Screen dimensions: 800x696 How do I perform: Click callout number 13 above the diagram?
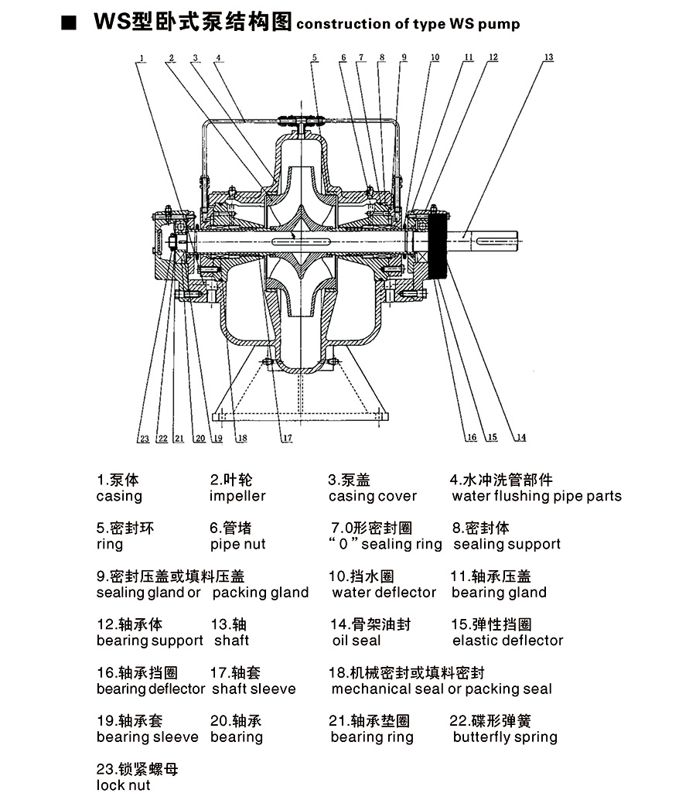[x=548, y=57]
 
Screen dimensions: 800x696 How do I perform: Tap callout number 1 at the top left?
[x=143, y=57]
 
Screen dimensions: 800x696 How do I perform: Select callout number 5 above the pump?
[x=315, y=57]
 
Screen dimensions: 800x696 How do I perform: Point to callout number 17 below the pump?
[x=287, y=438]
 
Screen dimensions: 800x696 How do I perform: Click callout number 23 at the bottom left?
[x=144, y=439]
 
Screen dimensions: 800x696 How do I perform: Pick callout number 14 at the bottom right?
[x=520, y=438]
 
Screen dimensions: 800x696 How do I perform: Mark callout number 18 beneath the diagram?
[x=242, y=438]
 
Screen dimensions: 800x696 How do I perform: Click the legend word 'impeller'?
[x=237, y=496]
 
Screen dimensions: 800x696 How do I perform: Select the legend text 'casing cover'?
[x=373, y=496]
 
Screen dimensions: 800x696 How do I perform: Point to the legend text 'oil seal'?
[x=357, y=641]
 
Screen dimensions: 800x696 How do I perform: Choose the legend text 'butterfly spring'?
[x=505, y=737]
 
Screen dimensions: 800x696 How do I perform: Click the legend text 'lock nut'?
[x=124, y=785]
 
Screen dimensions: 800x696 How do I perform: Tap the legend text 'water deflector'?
[x=384, y=593]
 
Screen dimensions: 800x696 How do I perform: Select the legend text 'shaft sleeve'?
[x=254, y=689]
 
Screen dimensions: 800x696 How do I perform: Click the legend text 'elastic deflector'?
[x=508, y=641]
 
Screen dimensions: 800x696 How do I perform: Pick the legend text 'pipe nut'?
[x=237, y=544]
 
